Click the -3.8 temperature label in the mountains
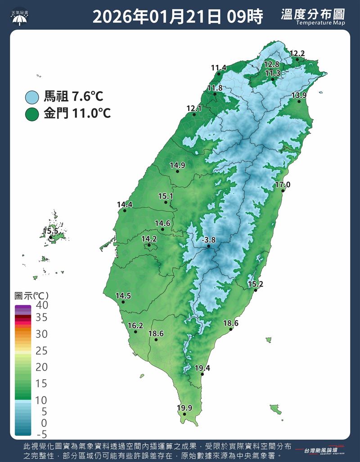click(209, 240)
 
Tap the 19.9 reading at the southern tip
click(184, 408)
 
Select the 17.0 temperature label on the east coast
click(283, 185)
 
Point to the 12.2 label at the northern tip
click(297, 54)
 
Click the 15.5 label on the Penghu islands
click(51, 231)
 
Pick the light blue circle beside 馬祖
click(32, 97)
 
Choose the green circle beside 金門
click(32, 114)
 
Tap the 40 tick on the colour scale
click(41, 305)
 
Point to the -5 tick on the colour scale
click(41, 434)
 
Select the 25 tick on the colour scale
click(41, 351)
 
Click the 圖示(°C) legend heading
click(31, 296)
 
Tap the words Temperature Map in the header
click(320, 23)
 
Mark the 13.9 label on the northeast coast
click(299, 95)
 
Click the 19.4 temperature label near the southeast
click(202, 368)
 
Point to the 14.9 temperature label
click(177, 165)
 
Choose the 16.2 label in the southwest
click(135, 326)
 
